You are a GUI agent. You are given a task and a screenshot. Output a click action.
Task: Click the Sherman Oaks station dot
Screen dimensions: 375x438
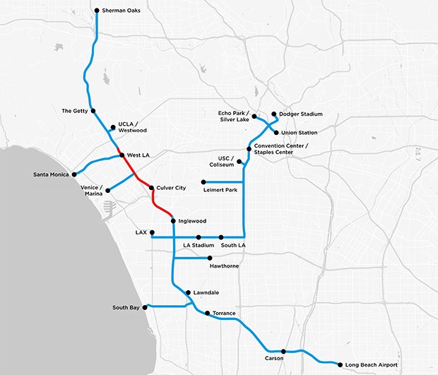[x=96, y=11]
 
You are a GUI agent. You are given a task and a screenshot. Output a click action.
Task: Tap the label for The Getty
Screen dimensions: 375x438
[x=74, y=111]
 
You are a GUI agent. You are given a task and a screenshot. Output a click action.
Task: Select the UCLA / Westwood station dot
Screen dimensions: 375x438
[x=113, y=128]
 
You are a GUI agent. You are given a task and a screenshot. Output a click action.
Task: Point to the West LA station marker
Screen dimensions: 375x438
[x=122, y=155]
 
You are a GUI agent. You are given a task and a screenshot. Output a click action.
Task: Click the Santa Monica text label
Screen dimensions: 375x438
[x=52, y=174]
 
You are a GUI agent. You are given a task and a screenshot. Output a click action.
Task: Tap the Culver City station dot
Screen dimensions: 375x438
[x=151, y=188]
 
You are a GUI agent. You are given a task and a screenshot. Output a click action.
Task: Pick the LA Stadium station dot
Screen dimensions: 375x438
[x=199, y=237]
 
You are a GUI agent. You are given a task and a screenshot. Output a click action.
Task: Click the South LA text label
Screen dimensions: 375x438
[x=232, y=246]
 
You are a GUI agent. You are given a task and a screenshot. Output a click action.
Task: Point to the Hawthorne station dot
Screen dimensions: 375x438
[x=210, y=258]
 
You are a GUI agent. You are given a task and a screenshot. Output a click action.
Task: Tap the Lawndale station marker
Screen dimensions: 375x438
[x=187, y=292]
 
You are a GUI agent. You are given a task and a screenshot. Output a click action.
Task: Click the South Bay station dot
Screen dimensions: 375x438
[x=146, y=307]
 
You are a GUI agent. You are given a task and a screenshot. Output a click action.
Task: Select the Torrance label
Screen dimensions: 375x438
[x=224, y=313]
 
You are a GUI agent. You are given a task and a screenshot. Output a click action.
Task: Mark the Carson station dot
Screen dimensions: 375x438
[x=283, y=351]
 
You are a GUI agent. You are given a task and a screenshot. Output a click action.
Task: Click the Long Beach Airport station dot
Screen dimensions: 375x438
[x=340, y=364]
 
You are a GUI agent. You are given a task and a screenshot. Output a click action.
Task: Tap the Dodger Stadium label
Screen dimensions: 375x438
[x=301, y=114]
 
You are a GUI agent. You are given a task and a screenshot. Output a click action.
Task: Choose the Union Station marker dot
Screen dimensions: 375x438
[x=276, y=132]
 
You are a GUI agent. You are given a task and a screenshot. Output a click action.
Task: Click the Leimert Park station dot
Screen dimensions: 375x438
[x=203, y=181]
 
